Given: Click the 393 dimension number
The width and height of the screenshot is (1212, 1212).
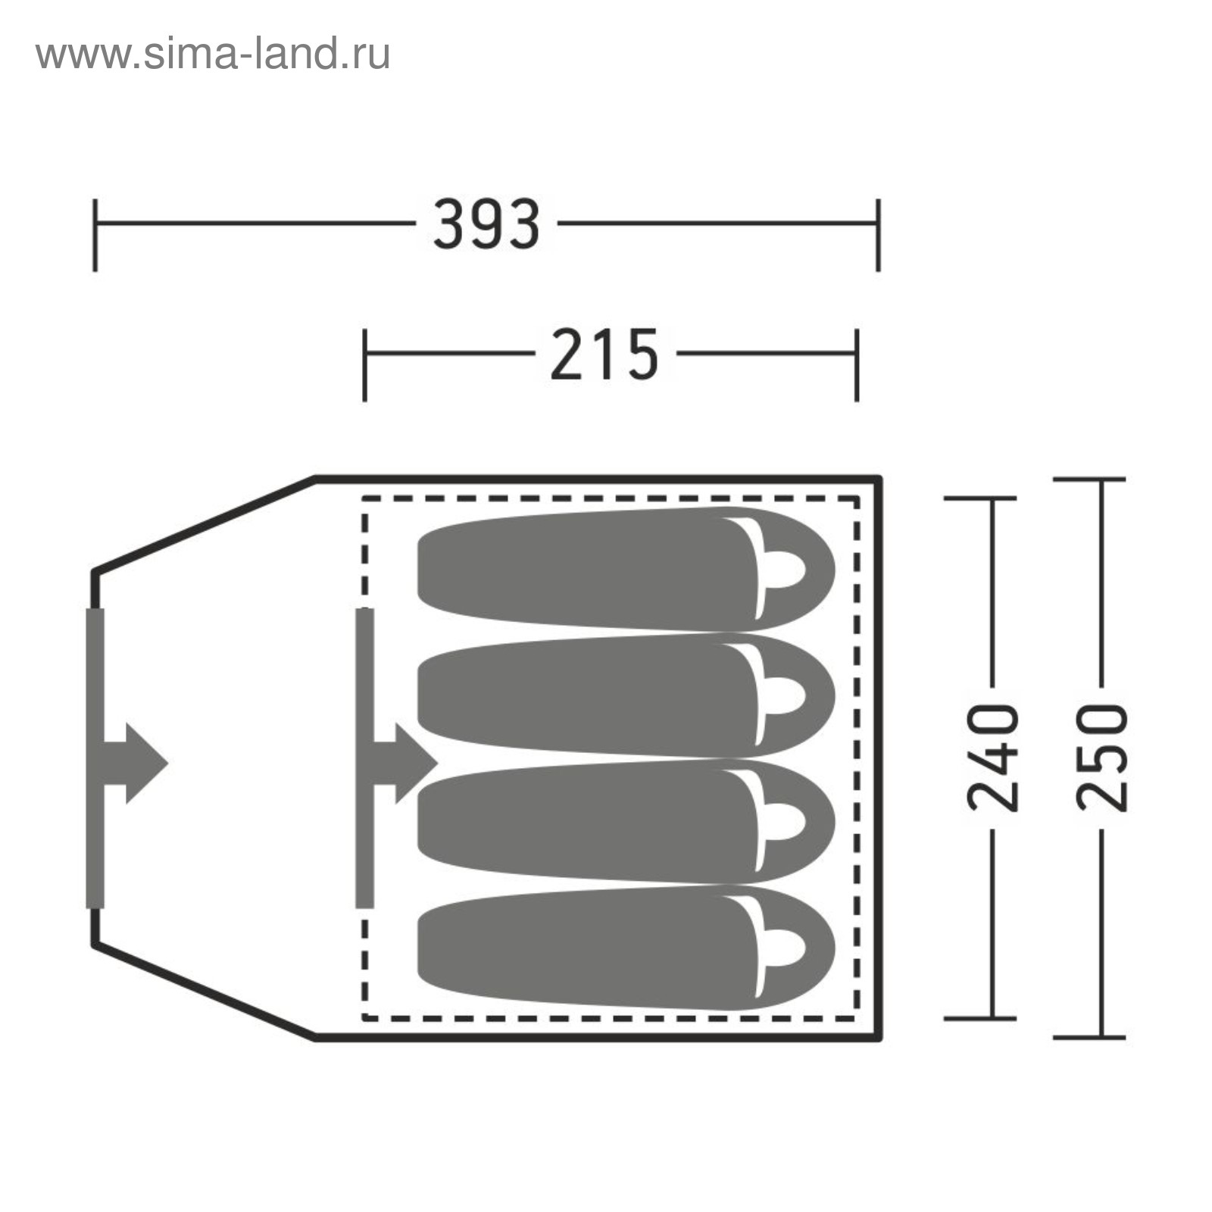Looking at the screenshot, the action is (x=486, y=224).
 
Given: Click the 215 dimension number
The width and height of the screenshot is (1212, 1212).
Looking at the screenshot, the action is (x=604, y=354).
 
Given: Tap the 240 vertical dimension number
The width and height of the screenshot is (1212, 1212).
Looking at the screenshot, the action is (x=992, y=758).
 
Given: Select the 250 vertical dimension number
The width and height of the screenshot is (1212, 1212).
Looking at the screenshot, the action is (x=1101, y=758).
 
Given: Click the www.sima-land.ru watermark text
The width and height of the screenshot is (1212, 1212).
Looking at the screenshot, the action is (x=213, y=55).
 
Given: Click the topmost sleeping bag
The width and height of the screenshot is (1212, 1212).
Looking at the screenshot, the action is (x=626, y=569).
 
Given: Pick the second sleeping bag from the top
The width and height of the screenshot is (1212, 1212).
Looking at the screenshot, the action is (x=626, y=695).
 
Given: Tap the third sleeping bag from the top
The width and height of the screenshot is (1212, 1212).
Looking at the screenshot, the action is (x=626, y=822).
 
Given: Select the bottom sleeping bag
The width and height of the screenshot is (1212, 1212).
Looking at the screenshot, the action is (x=626, y=948).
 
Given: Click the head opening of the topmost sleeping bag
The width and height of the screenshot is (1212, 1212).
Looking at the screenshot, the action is (x=785, y=569).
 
